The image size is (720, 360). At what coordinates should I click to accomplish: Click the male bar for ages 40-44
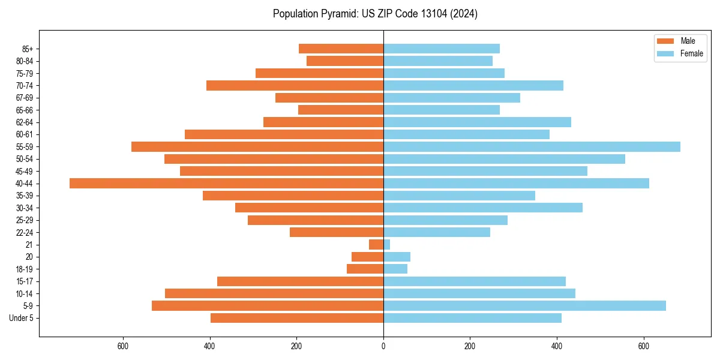click(226, 184)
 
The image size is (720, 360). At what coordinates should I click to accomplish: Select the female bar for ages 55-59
click(532, 147)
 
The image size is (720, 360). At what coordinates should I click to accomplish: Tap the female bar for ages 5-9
click(524, 306)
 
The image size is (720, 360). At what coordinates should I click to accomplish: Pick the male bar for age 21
click(376, 245)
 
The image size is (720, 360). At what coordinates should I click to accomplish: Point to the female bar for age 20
click(397, 257)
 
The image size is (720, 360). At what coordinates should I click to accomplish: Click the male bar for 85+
click(341, 49)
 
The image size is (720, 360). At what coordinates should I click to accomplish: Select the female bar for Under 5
click(472, 318)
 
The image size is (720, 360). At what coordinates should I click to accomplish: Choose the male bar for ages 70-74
click(295, 86)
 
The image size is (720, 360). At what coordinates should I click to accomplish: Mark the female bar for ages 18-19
click(395, 269)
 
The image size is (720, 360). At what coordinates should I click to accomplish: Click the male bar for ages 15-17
click(300, 281)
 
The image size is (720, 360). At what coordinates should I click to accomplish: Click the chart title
click(375, 14)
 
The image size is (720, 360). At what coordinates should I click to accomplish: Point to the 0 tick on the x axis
click(383, 346)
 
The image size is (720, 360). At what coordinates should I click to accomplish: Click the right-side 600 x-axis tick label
click(644, 346)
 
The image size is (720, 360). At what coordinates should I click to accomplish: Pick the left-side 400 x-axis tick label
click(210, 346)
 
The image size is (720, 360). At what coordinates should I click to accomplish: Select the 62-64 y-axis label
click(25, 122)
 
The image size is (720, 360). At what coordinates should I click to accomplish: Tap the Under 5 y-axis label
click(22, 318)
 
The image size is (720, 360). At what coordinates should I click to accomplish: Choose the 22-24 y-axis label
click(25, 233)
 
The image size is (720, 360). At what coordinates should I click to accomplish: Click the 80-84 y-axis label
click(25, 61)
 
